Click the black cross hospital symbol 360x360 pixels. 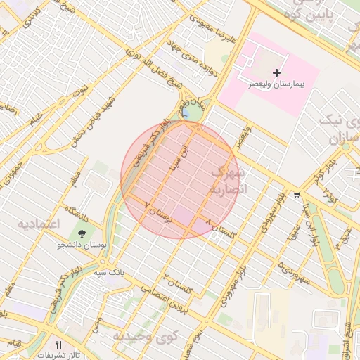276,72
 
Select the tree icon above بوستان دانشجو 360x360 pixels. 83,233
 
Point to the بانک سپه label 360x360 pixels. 110,270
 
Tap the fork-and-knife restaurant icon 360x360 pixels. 58,345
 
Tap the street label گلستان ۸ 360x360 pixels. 224,226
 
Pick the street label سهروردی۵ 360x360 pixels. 295,269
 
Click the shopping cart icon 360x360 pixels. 297,195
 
